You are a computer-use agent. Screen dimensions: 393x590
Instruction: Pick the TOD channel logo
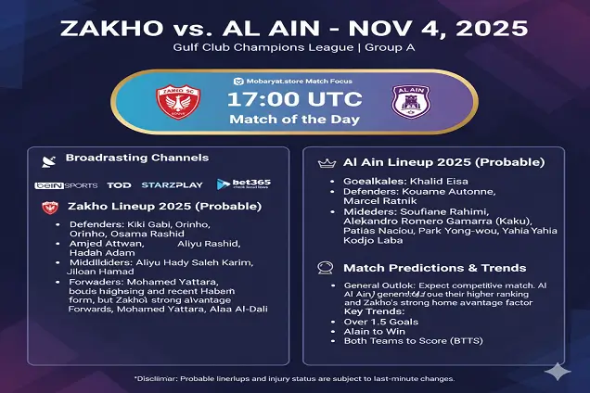click(119, 185)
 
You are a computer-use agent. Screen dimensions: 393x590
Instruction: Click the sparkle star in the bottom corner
click(558, 370)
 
